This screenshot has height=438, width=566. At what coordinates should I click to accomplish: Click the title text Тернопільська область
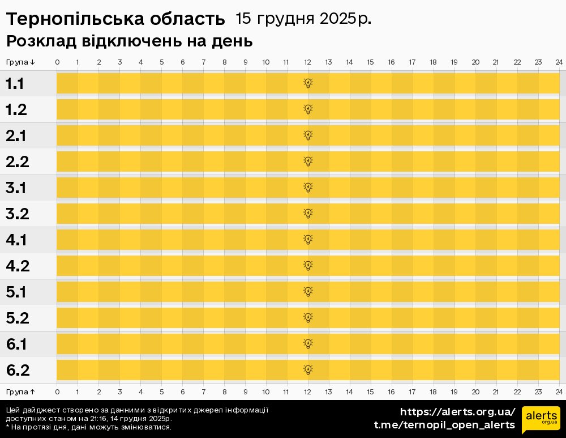(x=115, y=19)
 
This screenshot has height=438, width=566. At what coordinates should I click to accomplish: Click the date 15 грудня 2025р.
(x=303, y=19)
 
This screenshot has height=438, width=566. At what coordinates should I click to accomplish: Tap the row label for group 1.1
(x=15, y=84)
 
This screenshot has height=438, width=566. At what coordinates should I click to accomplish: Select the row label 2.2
(x=17, y=162)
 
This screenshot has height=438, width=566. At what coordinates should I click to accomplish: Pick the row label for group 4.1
(x=16, y=240)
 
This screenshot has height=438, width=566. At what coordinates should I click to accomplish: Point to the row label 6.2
(x=18, y=371)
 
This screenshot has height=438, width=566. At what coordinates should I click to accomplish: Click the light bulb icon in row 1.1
(x=308, y=83)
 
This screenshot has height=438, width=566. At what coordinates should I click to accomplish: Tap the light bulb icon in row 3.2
(x=308, y=214)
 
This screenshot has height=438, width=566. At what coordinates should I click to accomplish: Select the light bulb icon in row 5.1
(x=308, y=292)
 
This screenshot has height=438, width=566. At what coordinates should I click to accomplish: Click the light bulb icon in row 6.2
(x=308, y=370)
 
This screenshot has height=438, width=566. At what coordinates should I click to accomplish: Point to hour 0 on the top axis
(x=57, y=62)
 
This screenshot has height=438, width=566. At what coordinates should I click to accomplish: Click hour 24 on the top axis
(x=559, y=62)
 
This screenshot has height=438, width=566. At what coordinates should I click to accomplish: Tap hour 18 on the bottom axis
(x=433, y=392)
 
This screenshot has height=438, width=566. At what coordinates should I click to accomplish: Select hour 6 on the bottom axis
(x=182, y=392)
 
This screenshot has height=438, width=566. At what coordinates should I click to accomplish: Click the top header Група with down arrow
(x=21, y=62)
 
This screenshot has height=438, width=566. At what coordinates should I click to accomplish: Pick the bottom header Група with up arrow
(x=21, y=392)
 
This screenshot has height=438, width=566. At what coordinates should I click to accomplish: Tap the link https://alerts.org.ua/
(x=457, y=412)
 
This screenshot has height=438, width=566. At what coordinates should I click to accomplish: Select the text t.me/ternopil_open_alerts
(x=444, y=425)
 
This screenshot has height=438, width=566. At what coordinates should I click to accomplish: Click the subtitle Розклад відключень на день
(x=129, y=41)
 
